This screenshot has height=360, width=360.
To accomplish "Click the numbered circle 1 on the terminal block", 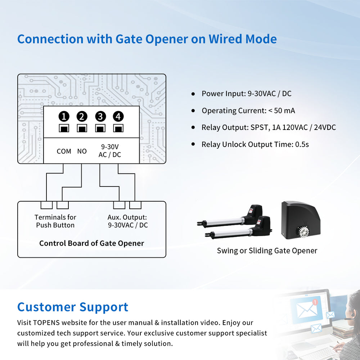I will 64,116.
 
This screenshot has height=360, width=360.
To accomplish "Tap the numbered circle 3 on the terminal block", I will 100,116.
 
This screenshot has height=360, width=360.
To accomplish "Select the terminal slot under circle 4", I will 118,128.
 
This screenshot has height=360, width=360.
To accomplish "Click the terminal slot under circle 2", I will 82,128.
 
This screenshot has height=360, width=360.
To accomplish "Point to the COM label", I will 64,151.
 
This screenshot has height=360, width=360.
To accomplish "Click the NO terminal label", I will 82,151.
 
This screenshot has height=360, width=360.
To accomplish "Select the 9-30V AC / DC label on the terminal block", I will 110,151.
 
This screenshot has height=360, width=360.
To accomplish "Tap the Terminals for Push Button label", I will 55,221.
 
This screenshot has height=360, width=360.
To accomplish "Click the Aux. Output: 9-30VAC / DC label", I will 127,221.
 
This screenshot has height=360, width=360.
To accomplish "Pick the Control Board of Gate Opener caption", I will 91,243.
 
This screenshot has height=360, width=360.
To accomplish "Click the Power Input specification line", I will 246,94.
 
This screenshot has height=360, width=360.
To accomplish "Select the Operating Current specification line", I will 248,111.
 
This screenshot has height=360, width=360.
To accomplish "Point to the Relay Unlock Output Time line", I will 255,144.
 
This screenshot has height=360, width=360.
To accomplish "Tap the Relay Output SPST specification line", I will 269,127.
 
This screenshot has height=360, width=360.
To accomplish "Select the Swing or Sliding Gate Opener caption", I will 267,251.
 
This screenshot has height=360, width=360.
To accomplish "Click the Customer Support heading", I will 73,307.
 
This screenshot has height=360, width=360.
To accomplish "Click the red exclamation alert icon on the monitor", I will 316,302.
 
